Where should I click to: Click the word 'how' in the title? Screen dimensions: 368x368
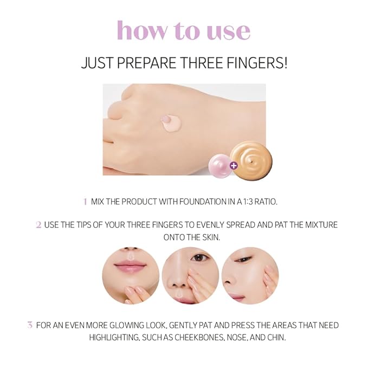[142, 30]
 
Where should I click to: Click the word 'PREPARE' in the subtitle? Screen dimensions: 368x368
[146, 63]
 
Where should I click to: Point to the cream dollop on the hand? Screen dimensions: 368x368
[171, 122]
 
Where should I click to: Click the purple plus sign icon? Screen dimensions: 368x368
[233, 166]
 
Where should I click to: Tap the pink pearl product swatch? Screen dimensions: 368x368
[220, 166]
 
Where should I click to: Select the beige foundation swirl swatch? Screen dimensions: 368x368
[250, 157]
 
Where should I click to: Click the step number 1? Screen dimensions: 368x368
[85, 202]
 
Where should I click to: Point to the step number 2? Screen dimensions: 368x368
[38, 225]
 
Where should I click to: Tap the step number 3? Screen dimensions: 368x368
[30, 325]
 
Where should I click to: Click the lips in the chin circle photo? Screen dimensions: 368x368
[131, 266]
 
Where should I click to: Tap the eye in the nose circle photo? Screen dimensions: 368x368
[199, 257]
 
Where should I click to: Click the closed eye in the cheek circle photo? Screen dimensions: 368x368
[243, 259]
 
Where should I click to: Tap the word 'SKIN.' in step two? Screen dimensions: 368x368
[211, 237]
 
